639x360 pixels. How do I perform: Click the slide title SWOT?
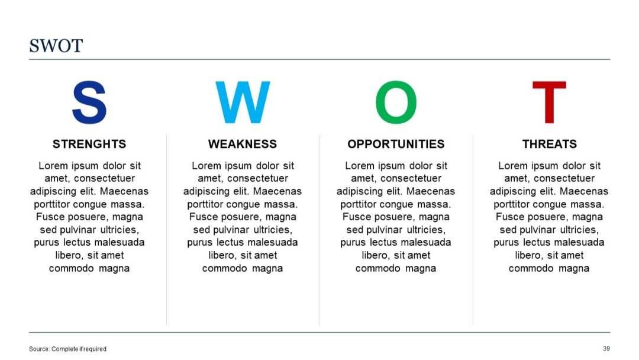point(56,46)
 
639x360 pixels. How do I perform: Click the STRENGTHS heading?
point(89,144)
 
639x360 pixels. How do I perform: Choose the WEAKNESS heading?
point(243,144)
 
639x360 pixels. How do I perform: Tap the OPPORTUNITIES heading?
point(396,144)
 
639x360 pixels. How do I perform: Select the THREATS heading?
point(549,144)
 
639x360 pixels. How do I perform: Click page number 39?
point(606,348)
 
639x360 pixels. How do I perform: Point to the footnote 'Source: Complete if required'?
point(67,349)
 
